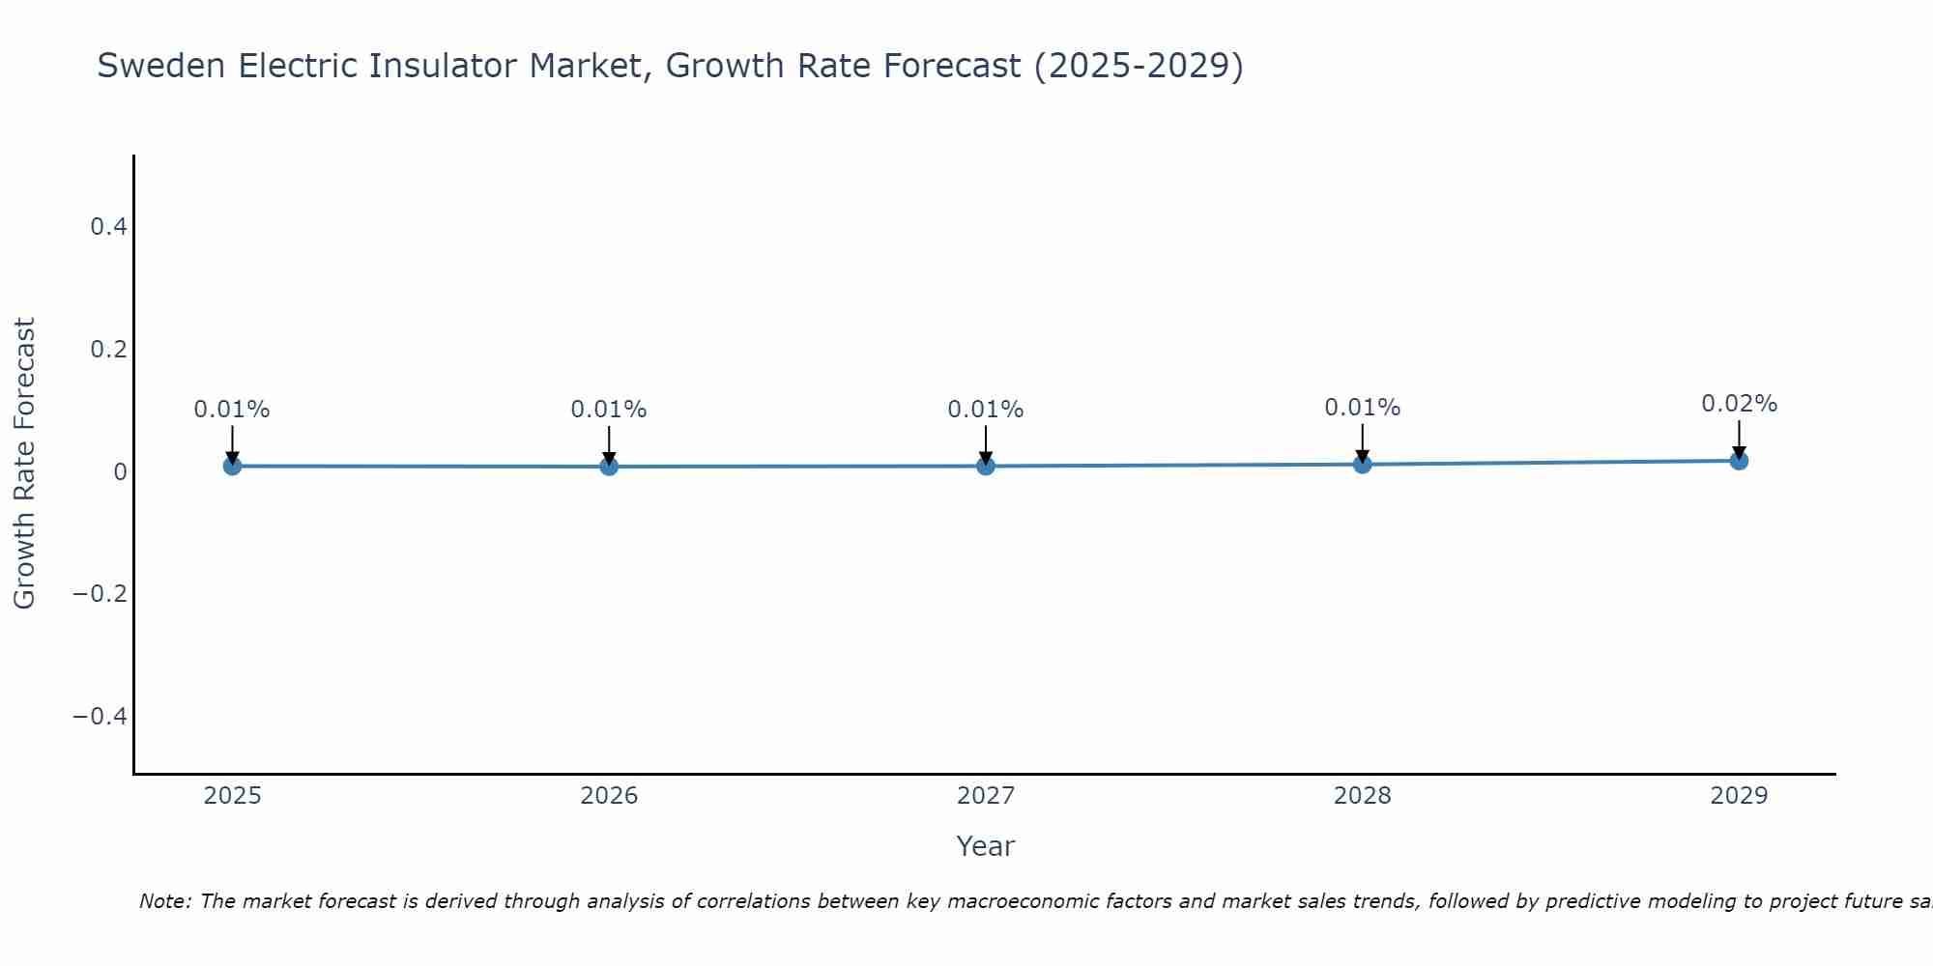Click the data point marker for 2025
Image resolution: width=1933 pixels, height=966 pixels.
232,466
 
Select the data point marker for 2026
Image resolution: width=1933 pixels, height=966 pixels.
609,467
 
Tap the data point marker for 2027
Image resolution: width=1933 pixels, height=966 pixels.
985,466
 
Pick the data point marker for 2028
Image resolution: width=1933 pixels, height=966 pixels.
1362,464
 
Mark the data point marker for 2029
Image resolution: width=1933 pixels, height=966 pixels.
1739,461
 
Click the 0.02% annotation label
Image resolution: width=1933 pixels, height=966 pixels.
1739,404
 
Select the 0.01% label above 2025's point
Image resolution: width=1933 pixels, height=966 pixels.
232,410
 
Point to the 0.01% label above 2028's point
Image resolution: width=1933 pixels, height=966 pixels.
1362,408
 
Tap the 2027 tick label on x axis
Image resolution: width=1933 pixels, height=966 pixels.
985,796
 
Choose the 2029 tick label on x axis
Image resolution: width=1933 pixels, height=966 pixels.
1739,796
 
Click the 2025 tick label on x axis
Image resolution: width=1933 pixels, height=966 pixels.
232,796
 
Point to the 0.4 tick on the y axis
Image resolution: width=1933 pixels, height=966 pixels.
108,227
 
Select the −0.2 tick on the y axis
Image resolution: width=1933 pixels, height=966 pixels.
101,593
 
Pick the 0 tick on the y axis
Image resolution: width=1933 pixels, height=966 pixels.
120,471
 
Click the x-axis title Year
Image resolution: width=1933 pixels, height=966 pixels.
985,846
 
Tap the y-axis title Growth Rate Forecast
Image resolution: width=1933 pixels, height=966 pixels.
24,464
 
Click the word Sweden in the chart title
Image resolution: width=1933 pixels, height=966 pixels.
160,66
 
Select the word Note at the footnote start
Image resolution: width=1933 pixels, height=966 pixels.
163,901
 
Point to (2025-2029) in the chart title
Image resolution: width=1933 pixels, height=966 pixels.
1139,66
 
